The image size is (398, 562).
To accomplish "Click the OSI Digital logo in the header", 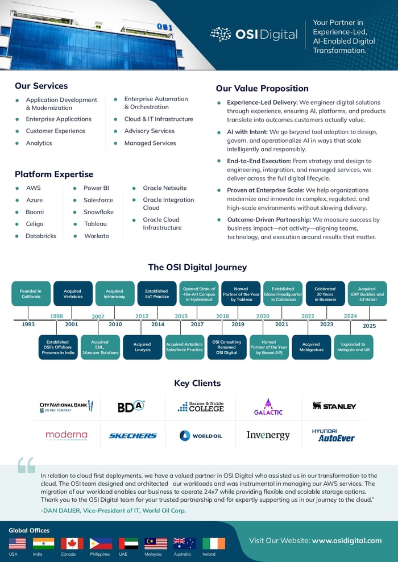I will pos(254,35).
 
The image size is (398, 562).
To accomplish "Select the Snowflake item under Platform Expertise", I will pos(98,212).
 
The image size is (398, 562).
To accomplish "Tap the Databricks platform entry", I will pos(40,236).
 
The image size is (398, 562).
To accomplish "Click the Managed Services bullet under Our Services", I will pos(150,143).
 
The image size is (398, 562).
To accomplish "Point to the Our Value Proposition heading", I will pos(262,89).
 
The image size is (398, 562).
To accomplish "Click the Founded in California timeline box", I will pos(31,293).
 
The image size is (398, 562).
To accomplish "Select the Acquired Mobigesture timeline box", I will pos(311,347).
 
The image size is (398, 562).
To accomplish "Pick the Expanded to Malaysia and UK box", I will pos(354,347).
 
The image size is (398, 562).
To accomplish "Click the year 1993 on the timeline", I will pos(28,324).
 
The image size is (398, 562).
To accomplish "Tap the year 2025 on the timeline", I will pos(369,326).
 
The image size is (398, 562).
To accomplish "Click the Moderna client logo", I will pos(67,435).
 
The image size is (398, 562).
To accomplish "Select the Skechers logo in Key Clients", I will pos(133,436).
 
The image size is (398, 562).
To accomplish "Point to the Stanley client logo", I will pos(334,406).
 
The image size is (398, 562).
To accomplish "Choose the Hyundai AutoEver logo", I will pos(333,436).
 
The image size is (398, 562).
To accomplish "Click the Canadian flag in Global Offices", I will pos(72,543).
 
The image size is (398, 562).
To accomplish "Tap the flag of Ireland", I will pos(214,543).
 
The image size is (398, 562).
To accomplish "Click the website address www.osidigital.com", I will pos(347,540).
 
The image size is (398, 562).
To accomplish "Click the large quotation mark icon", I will pos(26,464).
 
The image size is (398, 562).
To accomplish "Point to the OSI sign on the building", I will pos(164,27).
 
